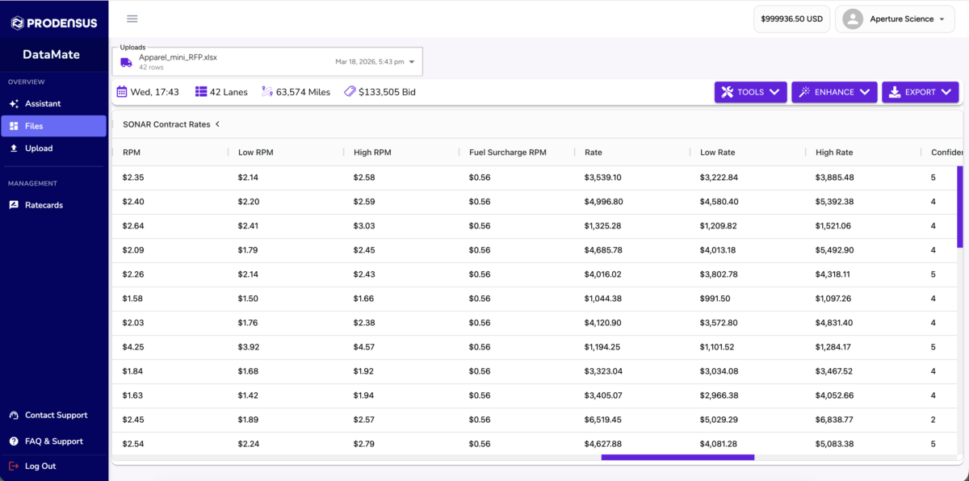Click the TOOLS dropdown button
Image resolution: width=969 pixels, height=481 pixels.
750,92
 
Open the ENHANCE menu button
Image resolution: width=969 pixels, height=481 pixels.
834,92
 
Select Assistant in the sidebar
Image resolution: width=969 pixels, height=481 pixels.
42,104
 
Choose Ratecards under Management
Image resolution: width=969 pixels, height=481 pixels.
44,205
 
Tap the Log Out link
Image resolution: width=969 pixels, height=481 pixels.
40,466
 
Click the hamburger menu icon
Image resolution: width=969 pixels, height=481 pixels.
132,19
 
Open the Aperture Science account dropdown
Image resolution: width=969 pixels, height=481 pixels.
894,19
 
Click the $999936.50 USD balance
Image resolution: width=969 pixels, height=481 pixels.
791,19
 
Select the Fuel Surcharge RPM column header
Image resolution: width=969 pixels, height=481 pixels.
507,152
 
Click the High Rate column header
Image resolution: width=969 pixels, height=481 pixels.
834,152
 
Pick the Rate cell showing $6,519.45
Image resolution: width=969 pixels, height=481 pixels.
603,420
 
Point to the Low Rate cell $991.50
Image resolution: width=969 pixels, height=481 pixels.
715,299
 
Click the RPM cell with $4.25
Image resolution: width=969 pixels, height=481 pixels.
132,347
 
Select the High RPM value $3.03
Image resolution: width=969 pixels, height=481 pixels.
364,226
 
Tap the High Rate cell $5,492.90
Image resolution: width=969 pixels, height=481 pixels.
834,250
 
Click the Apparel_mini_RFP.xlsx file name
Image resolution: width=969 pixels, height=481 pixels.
178,57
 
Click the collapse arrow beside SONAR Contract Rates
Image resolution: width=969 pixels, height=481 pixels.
217,124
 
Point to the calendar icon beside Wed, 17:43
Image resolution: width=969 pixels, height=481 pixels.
122,92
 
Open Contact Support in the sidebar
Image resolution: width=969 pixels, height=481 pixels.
56,415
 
